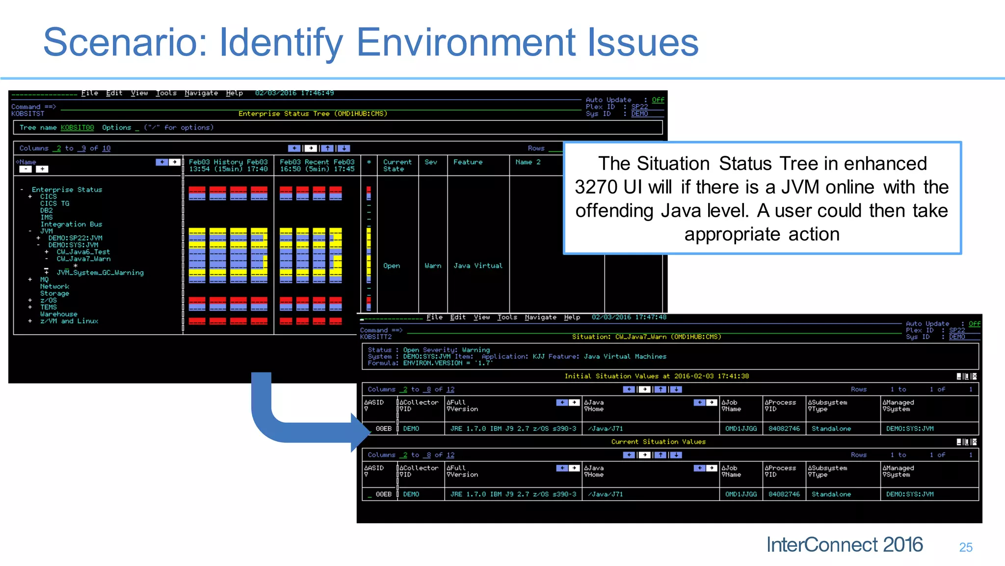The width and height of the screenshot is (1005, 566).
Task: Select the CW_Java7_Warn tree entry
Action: click(83, 259)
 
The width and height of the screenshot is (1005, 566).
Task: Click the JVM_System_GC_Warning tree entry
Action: click(100, 273)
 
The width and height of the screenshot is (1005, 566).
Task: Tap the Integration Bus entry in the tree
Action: click(71, 224)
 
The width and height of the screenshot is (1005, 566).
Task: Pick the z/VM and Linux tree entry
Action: click(69, 321)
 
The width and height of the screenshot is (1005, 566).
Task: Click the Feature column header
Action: click(468, 162)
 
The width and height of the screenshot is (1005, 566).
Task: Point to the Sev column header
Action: click(431, 162)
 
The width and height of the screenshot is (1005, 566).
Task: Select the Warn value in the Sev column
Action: click(433, 266)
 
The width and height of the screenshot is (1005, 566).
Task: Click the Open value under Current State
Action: click(392, 266)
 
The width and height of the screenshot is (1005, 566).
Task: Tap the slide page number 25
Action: click(966, 547)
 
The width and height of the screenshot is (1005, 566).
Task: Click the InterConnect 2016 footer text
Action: click(845, 545)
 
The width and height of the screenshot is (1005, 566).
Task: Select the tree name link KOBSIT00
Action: click(77, 128)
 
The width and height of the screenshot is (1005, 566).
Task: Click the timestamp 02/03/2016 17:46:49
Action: click(294, 93)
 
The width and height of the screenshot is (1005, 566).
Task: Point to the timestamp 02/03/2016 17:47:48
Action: click(629, 317)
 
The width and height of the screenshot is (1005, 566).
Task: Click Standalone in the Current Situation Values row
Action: click(831, 494)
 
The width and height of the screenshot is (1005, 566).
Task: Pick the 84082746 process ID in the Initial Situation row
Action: click(784, 429)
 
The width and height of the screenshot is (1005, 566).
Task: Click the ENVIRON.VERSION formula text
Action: click(432, 364)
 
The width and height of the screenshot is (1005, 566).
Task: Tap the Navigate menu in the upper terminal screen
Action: click(201, 93)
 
